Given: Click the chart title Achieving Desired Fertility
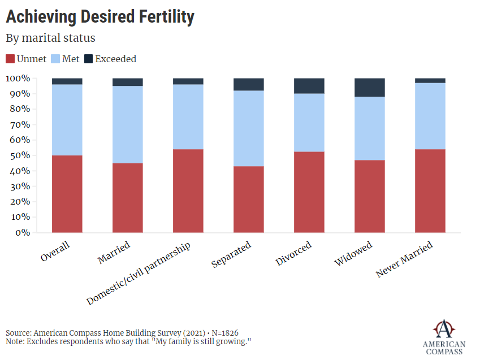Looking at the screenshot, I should click(x=100, y=17).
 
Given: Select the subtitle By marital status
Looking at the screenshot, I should click(x=50, y=38).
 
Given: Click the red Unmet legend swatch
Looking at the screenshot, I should click(x=10, y=59).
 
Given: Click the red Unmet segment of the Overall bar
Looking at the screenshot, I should click(x=67, y=194).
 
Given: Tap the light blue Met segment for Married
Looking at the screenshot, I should click(x=128, y=124).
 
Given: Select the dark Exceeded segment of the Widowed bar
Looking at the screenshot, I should click(x=370, y=88).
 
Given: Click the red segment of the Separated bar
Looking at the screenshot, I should click(x=249, y=199).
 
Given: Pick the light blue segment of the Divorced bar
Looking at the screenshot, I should click(x=309, y=123).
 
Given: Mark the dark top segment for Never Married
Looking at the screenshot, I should click(x=430, y=81).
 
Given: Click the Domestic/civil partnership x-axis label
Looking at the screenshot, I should click(x=139, y=274).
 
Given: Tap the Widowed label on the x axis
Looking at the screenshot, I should click(x=353, y=254).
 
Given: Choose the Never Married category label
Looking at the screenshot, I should click(x=405, y=259).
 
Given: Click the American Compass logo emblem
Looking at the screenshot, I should click(x=444, y=328).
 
